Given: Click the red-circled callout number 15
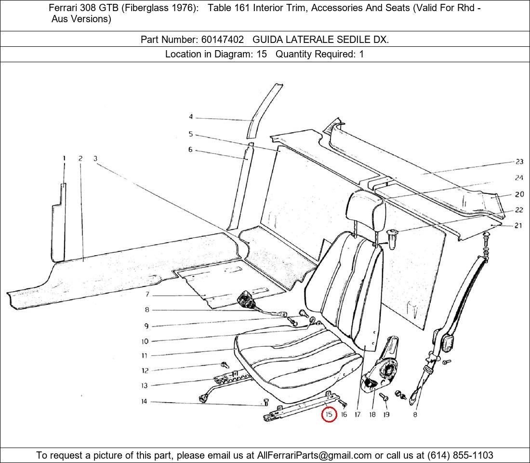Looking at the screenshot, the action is tap(329, 414).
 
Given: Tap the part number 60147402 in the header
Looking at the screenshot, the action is tap(223, 40).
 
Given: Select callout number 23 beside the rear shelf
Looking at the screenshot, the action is tap(519, 162).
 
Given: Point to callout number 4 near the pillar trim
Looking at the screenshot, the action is tap(191, 116).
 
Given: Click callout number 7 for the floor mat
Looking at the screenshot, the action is tap(147, 294).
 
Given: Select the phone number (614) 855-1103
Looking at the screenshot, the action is tap(460, 455).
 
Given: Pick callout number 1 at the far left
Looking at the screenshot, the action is tap(64, 158).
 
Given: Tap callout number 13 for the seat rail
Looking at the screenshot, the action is tap(145, 385).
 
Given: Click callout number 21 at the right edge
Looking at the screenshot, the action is tap(518, 225).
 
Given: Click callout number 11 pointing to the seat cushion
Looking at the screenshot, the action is tap(145, 355).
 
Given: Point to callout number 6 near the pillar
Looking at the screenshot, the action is tap(190, 149).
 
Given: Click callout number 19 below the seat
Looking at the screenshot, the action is tap(386, 414).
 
